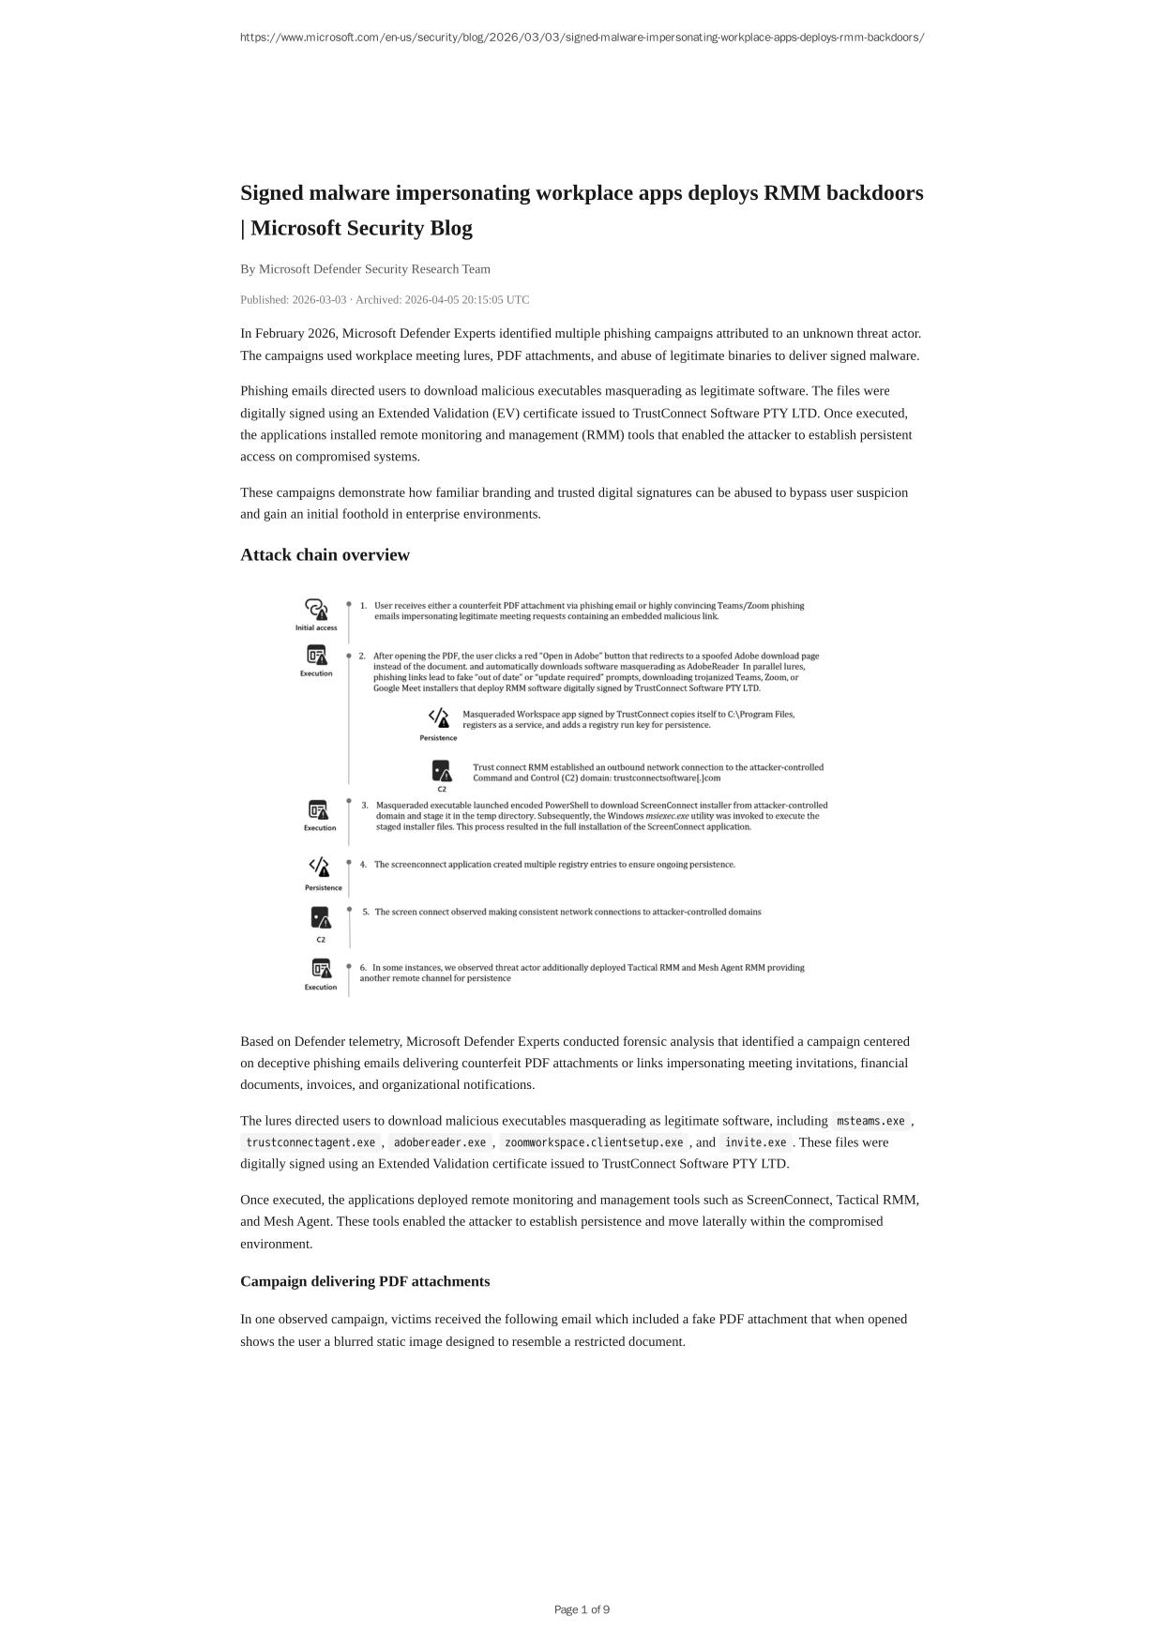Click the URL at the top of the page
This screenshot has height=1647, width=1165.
pyautogui.click(x=582, y=38)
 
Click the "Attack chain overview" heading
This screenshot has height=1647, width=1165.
pyautogui.click(x=325, y=554)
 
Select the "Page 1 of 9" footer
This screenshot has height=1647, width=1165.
pyautogui.click(x=582, y=1609)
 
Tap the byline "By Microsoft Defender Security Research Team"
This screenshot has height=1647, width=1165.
pyautogui.click(x=365, y=269)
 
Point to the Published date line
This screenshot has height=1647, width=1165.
pyautogui.click(x=385, y=300)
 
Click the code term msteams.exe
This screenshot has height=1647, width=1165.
pyautogui.click(x=870, y=1121)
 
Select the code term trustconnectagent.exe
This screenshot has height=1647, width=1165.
pyautogui.click(x=310, y=1142)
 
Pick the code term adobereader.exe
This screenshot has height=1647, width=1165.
pyautogui.click(x=440, y=1142)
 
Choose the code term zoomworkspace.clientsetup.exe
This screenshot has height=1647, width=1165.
pyautogui.click(x=594, y=1142)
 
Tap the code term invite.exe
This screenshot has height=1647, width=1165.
pyautogui.click(x=755, y=1142)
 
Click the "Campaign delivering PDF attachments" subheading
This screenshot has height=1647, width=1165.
pyautogui.click(x=365, y=1281)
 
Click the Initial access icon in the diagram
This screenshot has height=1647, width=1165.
pyautogui.click(x=316, y=610)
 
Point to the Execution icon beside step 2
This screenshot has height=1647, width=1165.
pyautogui.click(x=317, y=655)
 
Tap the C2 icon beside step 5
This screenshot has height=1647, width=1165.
pyautogui.click(x=321, y=917)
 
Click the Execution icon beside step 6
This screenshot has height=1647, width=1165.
pyautogui.click(x=321, y=968)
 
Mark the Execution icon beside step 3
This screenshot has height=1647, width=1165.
pyautogui.click(x=319, y=809)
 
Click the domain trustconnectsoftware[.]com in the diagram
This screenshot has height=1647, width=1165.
pyautogui.click(x=667, y=778)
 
